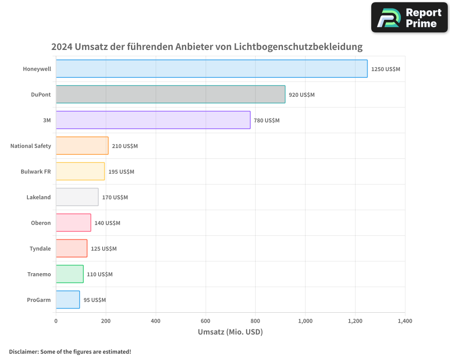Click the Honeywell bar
211,69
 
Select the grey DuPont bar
171,94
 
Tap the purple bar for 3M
153,120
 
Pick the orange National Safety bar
82,146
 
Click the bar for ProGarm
68,300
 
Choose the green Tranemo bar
70,274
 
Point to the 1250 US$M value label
386,69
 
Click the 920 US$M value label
301,95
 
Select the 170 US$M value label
115,198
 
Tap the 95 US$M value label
94,300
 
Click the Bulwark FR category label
36,171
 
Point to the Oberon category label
40,223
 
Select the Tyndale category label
40,248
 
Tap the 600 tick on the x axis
206,321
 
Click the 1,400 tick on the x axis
405,321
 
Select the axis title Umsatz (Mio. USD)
230,332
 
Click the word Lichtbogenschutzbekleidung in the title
298,47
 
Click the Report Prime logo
409,18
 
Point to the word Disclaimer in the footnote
23,352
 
